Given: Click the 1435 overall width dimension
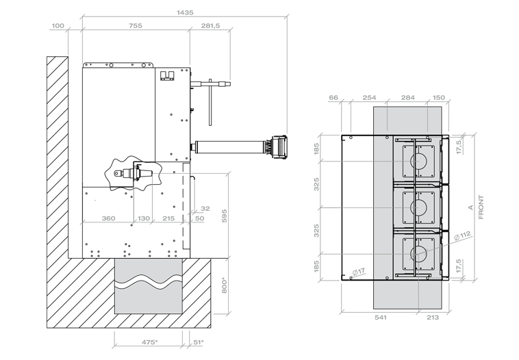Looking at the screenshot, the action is click(185, 12).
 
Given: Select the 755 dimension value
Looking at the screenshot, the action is click(135, 25).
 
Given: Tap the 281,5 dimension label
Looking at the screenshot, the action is click(210, 25).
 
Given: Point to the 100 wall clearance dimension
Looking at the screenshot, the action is click(58, 25).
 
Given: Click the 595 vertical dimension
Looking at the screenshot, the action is click(224, 216).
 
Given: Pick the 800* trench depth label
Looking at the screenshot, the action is click(224, 285).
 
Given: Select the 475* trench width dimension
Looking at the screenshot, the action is click(150, 342).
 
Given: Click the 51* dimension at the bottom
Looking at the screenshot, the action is click(199, 342).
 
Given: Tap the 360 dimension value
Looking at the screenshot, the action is click(108, 218).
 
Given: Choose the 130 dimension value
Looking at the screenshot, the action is click(144, 218).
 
